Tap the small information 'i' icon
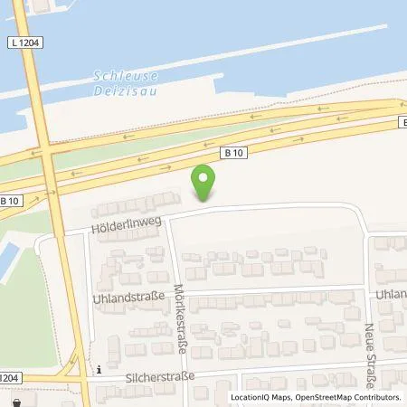[x=99, y=369]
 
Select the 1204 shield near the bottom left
[x=9, y=377]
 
